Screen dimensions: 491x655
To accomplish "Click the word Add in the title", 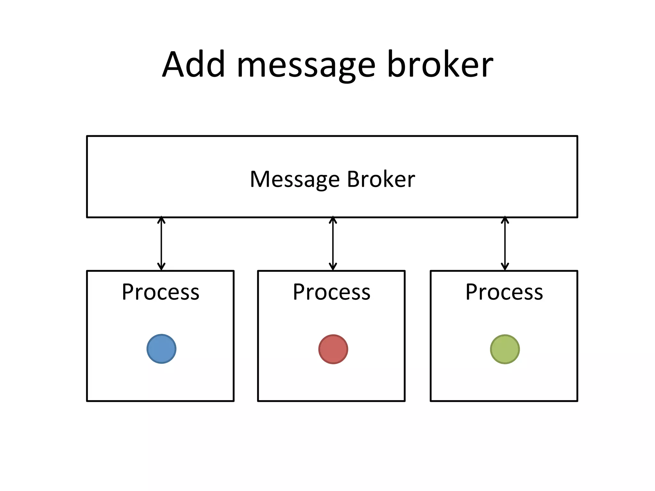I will coord(194,65).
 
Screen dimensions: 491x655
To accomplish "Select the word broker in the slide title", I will coord(440,65).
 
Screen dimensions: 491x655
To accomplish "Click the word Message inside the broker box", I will coord(295,180).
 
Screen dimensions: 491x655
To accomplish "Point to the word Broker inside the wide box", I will coord(381,179).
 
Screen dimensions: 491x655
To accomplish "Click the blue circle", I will coord(162,349).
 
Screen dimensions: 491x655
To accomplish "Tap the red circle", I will coord(333,349).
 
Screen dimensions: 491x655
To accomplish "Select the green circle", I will coord(505,349).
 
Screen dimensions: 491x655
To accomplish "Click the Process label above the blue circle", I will coord(161,292).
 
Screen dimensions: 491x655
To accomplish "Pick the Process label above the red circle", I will coord(332,292).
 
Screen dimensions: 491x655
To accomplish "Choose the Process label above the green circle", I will coord(504,292).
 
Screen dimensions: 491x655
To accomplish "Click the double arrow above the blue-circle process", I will coord(162,244).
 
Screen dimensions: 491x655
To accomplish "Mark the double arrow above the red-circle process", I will coord(333,244).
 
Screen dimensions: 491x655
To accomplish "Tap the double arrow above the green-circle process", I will coord(505,244).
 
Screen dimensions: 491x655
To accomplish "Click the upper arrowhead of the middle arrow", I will coord(333,220).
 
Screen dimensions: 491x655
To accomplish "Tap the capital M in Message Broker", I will coord(260,179).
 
